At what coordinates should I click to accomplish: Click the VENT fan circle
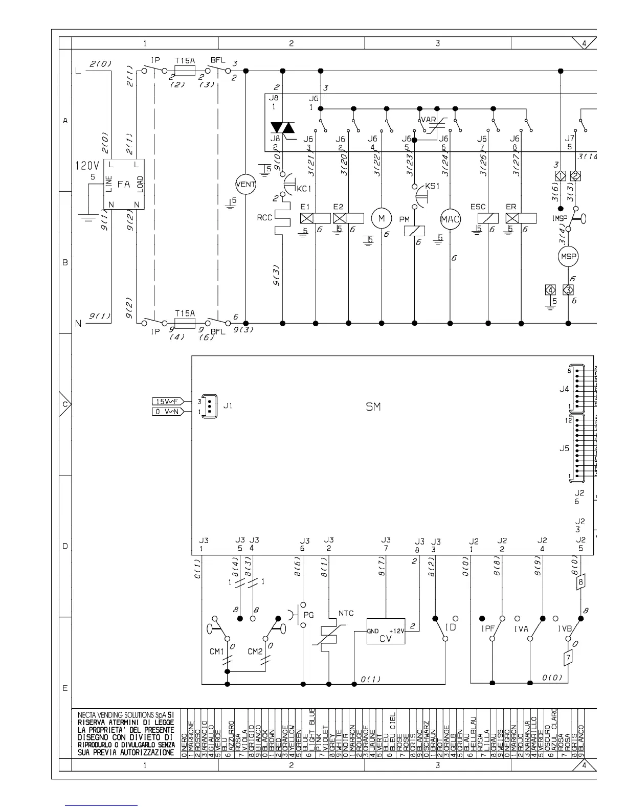(245, 184)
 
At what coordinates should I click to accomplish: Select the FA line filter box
(124, 184)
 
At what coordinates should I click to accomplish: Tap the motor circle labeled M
(381, 218)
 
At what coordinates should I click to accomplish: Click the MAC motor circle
(451, 220)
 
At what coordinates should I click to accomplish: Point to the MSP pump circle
(568, 257)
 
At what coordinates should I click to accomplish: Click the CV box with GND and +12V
(386, 634)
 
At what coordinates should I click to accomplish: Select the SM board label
(373, 407)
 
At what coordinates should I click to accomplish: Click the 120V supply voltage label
(87, 166)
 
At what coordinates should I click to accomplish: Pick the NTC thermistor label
(346, 613)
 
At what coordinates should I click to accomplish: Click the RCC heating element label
(264, 218)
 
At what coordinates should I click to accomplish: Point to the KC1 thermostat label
(304, 189)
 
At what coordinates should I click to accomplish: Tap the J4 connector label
(564, 389)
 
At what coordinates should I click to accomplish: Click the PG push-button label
(308, 615)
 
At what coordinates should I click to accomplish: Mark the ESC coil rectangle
(488, 218)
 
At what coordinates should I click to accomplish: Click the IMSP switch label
(560, 218)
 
